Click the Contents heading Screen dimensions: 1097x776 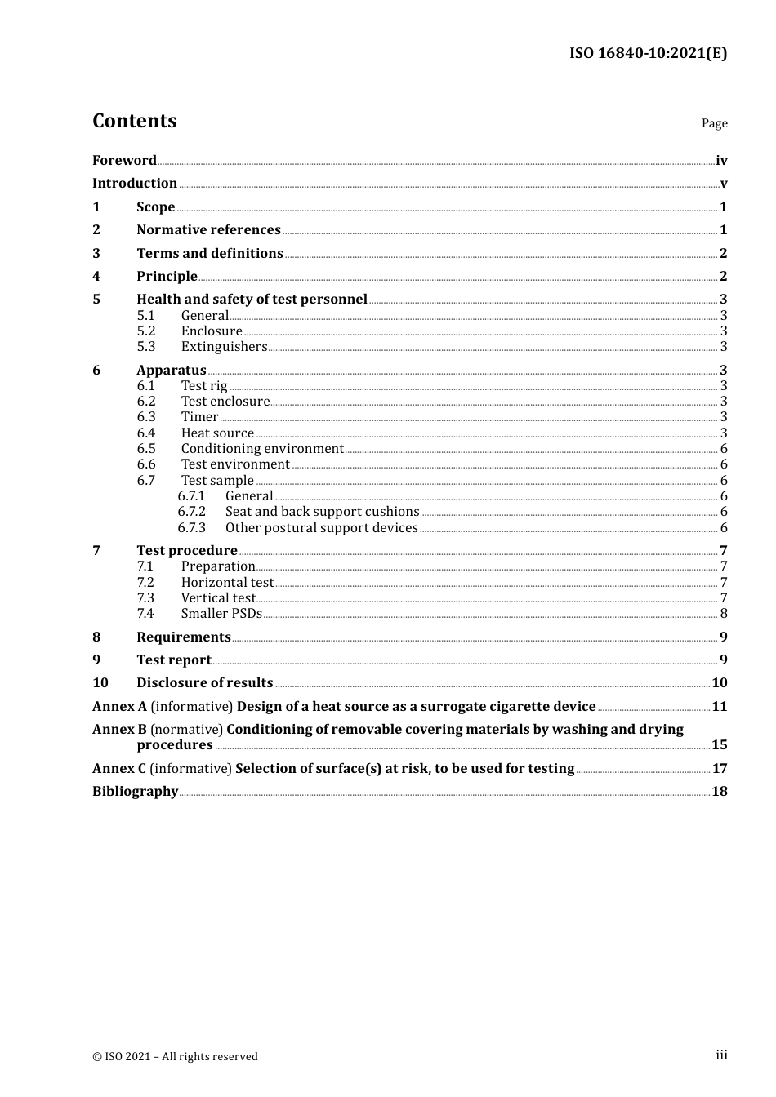click(x=134, y=121)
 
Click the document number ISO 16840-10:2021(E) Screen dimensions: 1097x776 click(x=648, y=53)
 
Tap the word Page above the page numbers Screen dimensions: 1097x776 click(x=714, y=123)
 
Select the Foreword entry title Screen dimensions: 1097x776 click(x=124, y=161)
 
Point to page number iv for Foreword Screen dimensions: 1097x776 click(x=721, y=161)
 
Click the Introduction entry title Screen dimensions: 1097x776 click(x=135, y=184)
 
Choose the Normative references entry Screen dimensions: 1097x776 click(x=208, y=230)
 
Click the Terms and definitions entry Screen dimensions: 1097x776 click(x=210, y=253)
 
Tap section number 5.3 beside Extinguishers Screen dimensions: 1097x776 click(x=145, y=347)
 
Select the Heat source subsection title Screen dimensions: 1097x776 click(x=217, y=433)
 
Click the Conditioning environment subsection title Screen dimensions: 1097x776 click(x=262, y=449)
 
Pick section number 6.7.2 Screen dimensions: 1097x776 click(x=191, y=512)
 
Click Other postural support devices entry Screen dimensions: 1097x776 click(x=321, y=528)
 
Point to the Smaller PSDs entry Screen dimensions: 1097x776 click(x=221, y=614)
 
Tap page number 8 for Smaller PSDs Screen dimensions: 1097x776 click(x=723, y=614)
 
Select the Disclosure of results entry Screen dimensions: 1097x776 click(x=204, y=683)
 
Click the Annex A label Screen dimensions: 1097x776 click(x=119, y=707)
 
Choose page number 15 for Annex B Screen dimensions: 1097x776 click(x=719, y=745)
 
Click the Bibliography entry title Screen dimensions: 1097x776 click(x=135, y=792)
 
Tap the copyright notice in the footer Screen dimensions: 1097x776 click(x=175, y=1056)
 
